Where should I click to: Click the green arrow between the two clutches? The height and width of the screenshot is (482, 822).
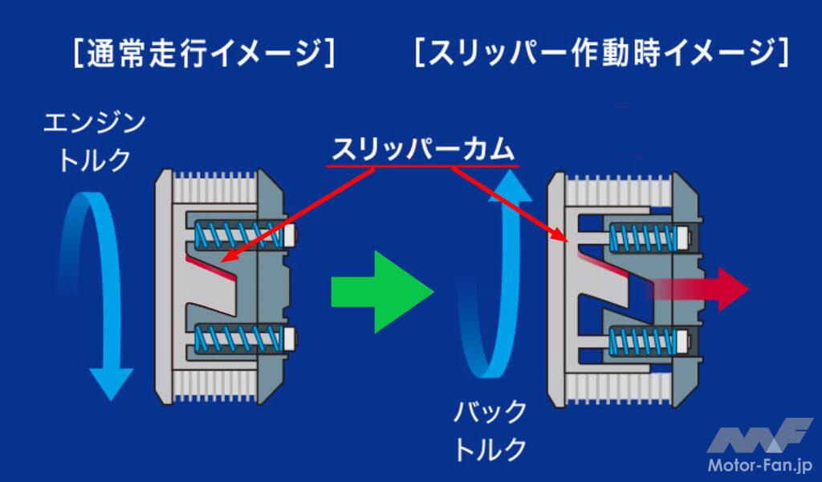click(x=377, y=290)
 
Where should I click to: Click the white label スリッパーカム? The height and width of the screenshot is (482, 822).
click(x=423, y=149)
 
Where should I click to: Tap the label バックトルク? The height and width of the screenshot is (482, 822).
click(x=490, y=430)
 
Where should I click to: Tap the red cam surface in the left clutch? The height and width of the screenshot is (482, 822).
click(x=210, y=265)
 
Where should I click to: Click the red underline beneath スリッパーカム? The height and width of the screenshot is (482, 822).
click(x=423, y=166)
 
